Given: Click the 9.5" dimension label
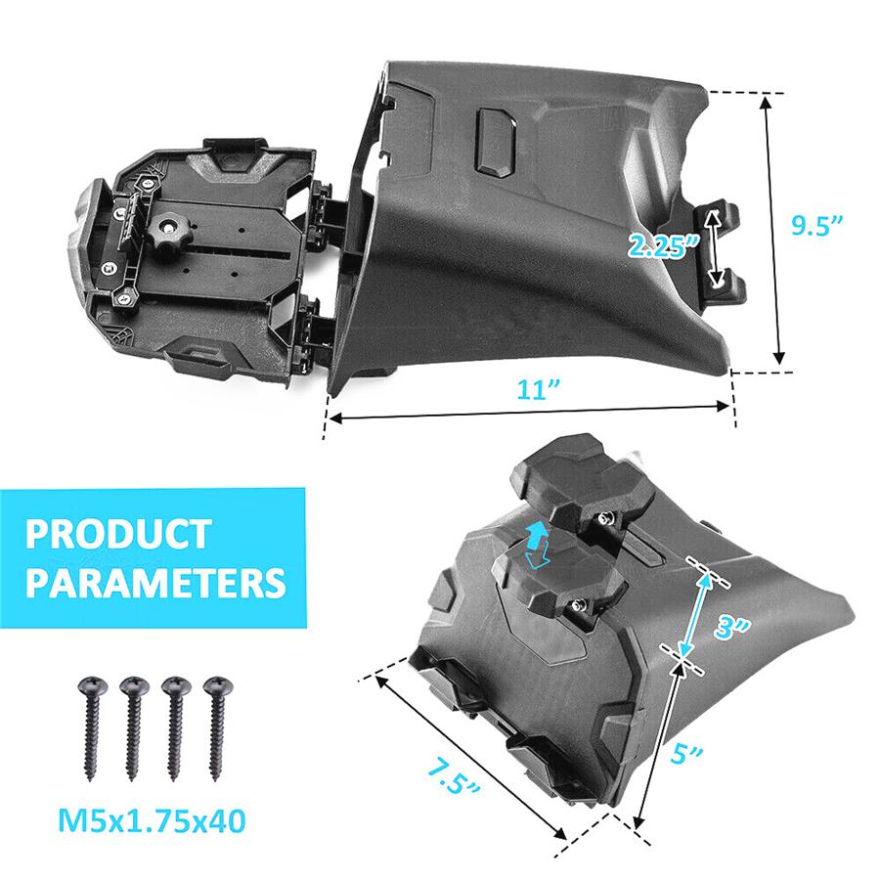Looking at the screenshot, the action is pyautogui.click(x=816, y=225).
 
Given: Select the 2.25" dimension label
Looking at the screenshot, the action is pyautogui.click(x=663, y=245).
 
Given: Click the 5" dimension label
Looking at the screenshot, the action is pyautogui.click(x=685, y=753).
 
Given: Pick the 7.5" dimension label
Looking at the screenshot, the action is pyautogui.click(x=453, y=774).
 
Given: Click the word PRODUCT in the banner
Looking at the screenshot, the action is pyautogui.click(x=118, y=534).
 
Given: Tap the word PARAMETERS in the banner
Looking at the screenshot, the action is pyautogui.click(x=155, y=582).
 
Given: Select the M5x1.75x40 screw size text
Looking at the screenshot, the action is pyautogui.click(x=152, y=821).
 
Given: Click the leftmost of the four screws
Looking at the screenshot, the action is pyautogui.click(x=93, y=727).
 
